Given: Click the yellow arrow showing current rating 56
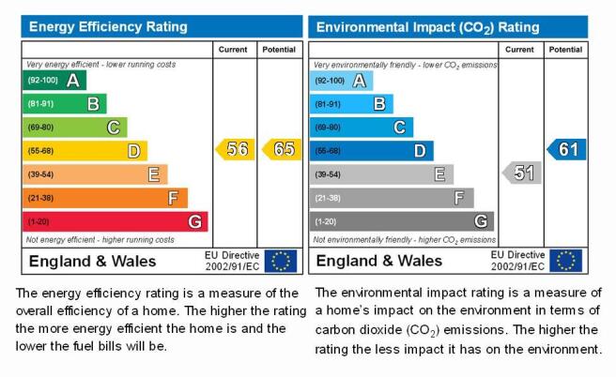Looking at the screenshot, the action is pos(236,149).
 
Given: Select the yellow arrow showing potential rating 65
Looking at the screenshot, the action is pos(282,149).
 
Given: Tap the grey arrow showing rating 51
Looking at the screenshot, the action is pos(522,173).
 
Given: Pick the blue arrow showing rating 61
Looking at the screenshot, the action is pos(566,149).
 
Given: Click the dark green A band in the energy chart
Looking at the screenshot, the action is pos(54,81).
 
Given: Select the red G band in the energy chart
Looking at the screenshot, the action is pos(115,221).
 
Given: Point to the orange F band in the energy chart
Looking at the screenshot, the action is pos(105,198).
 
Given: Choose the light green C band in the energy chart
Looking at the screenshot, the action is pos(74,128).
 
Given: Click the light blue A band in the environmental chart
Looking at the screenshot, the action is pos(342,81).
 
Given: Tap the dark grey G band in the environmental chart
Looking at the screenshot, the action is pos(402,221).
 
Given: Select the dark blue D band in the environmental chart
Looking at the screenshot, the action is pos(372,151).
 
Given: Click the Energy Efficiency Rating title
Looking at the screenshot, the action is pos(108,26).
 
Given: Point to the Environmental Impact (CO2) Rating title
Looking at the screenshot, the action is pos(428,27).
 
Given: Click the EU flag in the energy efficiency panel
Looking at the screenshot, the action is pos(281,261).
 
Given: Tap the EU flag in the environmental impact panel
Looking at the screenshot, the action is pos(565,261).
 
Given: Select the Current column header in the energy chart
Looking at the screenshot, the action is pos(233,50).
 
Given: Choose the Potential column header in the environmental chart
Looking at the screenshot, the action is pos(565,50).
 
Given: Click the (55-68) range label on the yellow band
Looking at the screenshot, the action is pos(40,151).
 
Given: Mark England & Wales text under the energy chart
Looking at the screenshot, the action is pos(92,262).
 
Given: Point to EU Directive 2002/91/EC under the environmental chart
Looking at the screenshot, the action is pos(517,261).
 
